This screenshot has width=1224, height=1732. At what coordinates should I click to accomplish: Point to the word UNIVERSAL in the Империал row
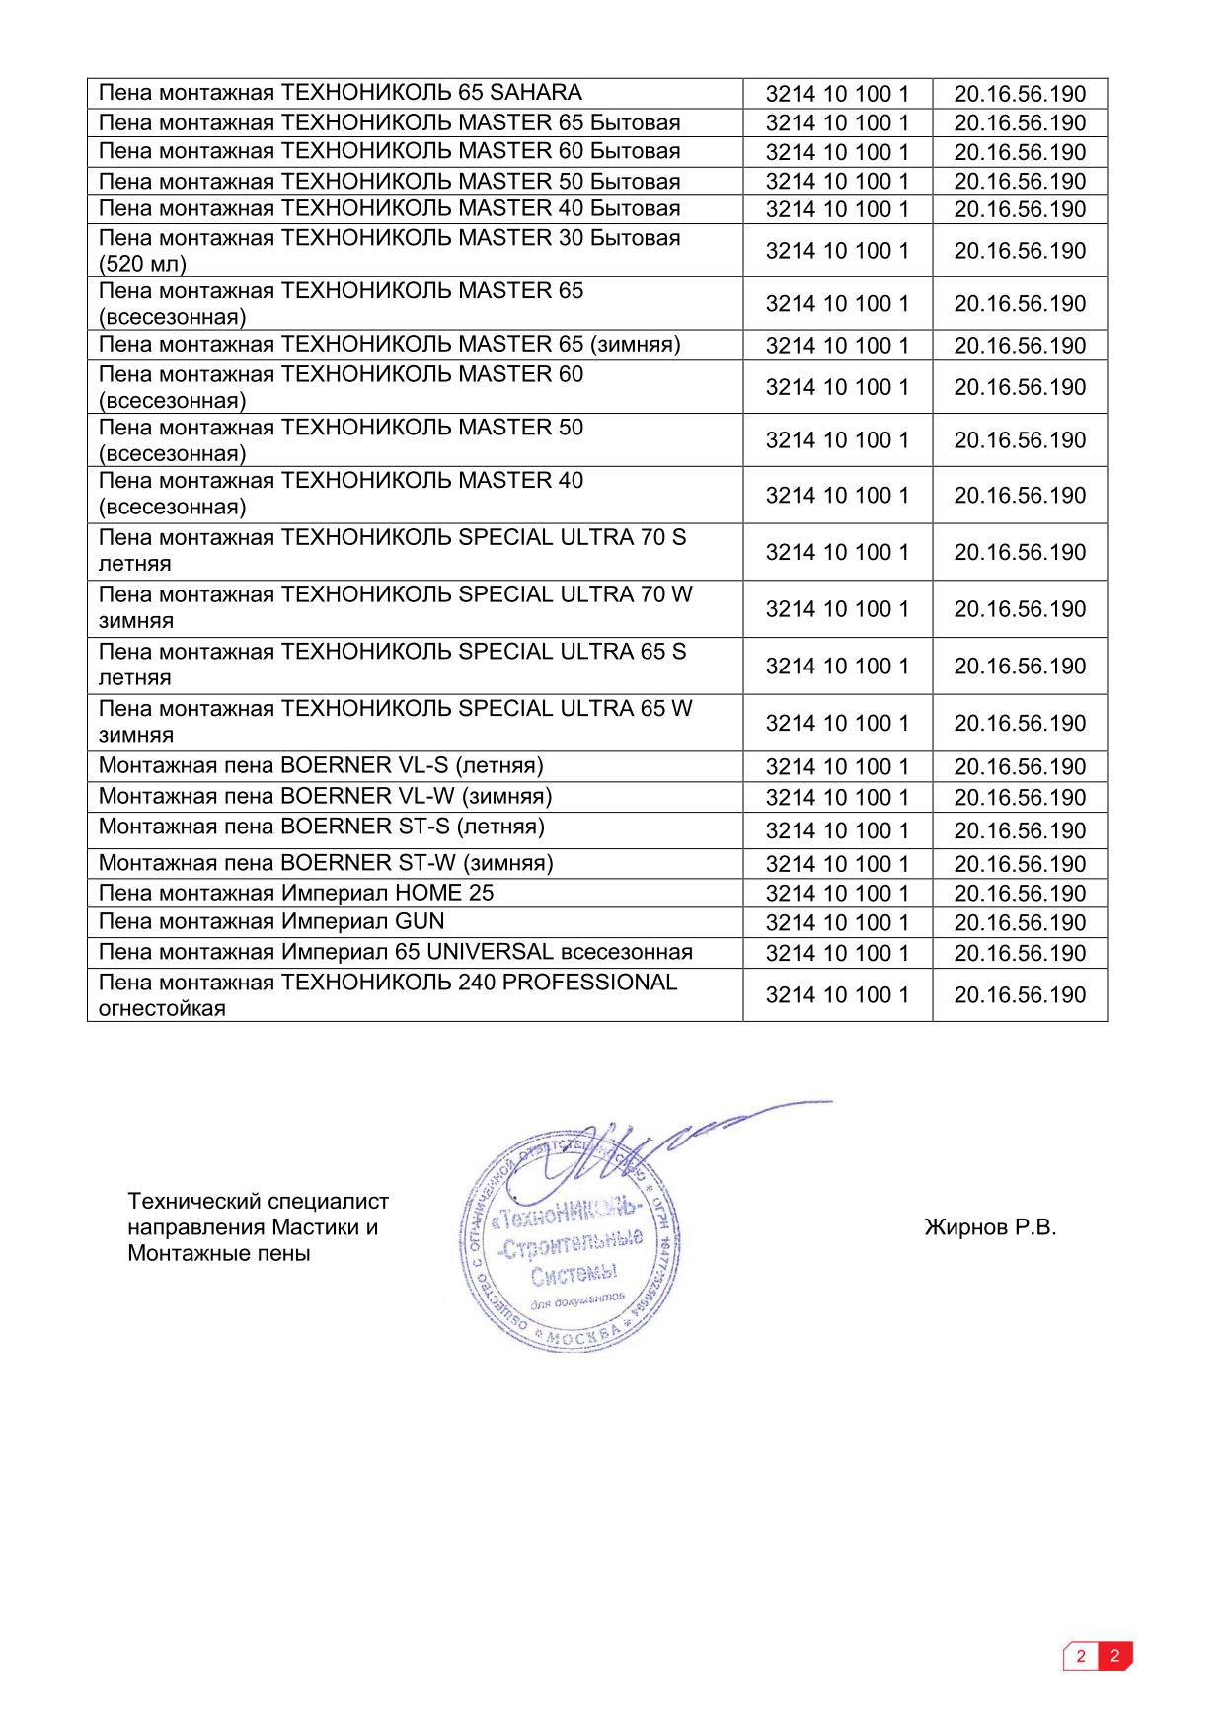[484, 952]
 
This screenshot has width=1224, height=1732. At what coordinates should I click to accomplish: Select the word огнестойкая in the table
[162, 1009]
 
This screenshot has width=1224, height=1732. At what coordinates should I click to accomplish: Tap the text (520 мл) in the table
[142, 264]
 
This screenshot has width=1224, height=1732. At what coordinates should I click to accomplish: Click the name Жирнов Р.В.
[990, 1227]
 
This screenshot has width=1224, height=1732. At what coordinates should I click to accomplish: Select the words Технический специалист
[259, 1202]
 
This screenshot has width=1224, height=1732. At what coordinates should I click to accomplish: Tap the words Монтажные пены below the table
[219, 1254]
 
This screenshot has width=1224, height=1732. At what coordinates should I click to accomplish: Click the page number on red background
[1114, 1656]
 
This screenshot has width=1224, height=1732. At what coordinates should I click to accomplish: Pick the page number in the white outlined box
[1082, 1656]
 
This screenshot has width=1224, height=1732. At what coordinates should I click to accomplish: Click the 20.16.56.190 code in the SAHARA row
[1020, 95]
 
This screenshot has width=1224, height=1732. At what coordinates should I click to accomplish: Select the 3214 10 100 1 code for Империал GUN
[837, 923]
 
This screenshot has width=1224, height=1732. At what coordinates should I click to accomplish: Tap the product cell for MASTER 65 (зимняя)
[390, 345]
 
